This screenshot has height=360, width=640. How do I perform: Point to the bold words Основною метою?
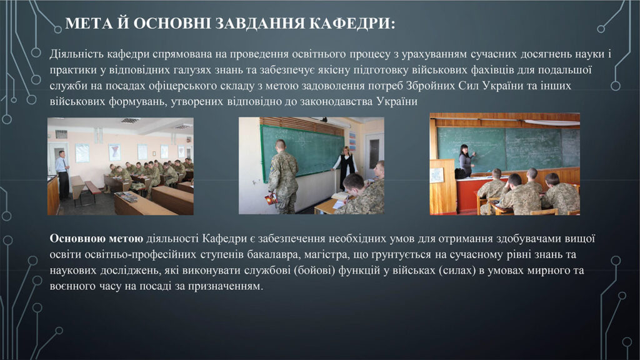click(96, 239)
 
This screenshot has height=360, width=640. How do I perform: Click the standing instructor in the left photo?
click(62, 175)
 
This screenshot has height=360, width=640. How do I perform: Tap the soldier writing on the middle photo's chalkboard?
click(283, 177)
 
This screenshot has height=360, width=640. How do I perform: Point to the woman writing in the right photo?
click(465, 161)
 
